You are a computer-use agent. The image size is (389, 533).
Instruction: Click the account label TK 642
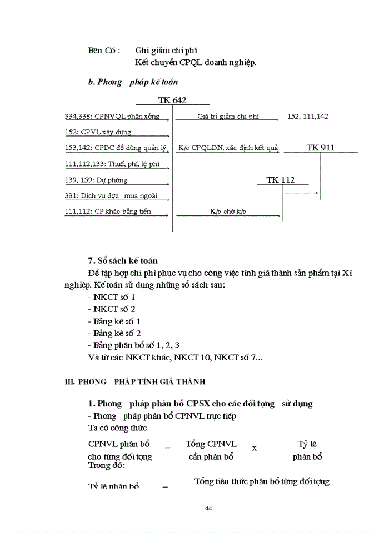pyautogui.click(x=172, y=100)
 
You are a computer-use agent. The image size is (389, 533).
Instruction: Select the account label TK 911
pyautogui.click(x=321, y=148)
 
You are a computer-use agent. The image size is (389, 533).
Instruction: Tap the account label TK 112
pyautogui.click(x=280, y=180)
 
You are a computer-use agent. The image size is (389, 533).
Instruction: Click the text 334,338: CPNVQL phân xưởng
pyautogui.click(x=112, y=117)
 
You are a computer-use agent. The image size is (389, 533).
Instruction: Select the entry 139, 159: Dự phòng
pyautogui.click(x=96, y=180)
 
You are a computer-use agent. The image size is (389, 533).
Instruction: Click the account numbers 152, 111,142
pyautogui.click(x=308, y=117)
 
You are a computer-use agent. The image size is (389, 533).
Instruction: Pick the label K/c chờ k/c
pyautogui.click(x=228, y=212)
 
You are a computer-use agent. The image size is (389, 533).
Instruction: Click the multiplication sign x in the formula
pyautogui.click(x=255, y=447)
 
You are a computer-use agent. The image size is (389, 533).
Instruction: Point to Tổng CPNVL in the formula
pyautogui.click(x=211, y=444)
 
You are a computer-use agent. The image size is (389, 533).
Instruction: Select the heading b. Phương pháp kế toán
pyautogui.click(x=133, y=82)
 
